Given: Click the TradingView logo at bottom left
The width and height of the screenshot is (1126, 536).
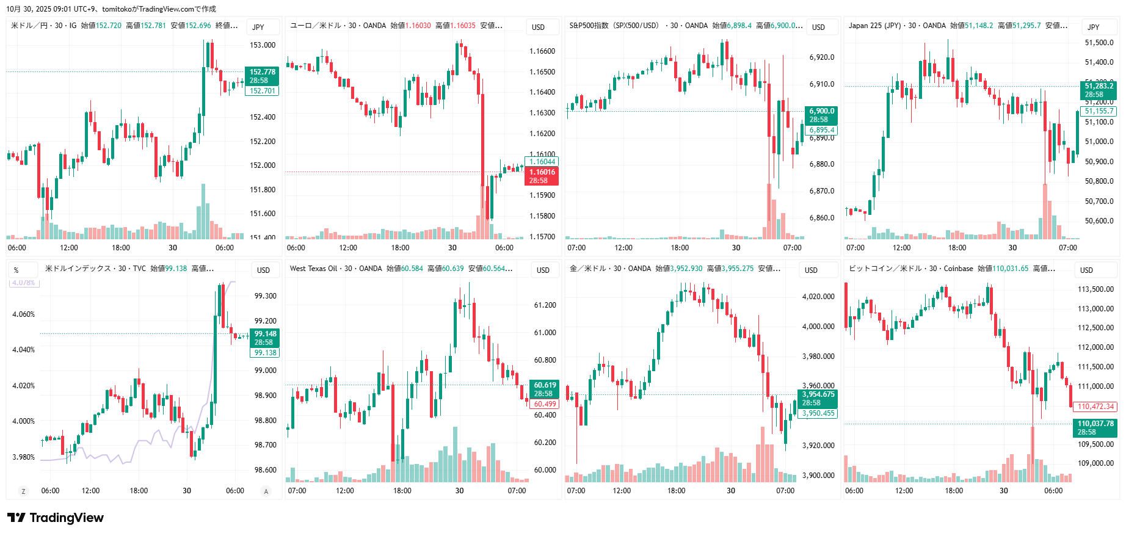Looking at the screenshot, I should tap(56, 518).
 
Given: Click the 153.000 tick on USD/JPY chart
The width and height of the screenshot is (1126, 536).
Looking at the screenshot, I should tap(263, 45).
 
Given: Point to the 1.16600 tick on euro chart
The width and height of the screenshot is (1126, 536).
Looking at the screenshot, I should tap(542, 51).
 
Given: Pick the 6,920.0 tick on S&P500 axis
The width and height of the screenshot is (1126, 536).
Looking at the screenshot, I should tap(822, 57).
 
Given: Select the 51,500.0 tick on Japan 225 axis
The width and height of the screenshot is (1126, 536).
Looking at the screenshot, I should tap(1099, 43).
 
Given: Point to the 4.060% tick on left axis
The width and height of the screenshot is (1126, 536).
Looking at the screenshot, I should tap(24, 314).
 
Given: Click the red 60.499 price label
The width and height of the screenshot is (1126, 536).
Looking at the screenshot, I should tap(545, 404).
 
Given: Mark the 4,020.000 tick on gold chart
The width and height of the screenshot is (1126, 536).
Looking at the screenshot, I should tap(818, 297).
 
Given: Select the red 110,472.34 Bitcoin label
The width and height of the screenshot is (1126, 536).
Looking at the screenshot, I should tap(1095, 407).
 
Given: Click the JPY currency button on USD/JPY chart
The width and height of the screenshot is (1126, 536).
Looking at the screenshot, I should tap(258, 27).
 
